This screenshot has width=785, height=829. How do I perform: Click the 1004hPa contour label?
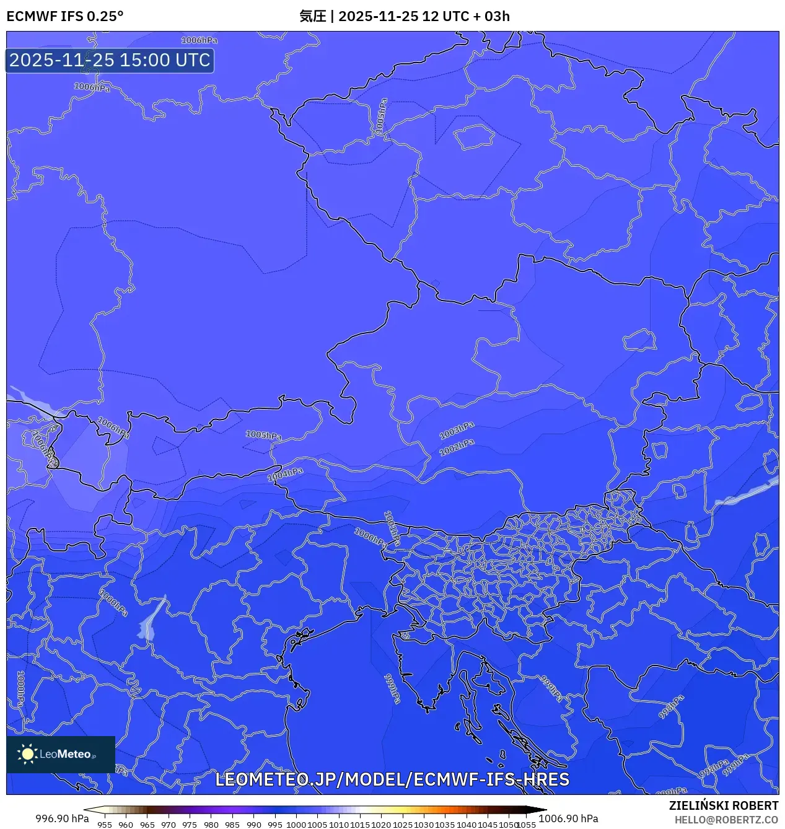pyautogui.click(x=285, y=475)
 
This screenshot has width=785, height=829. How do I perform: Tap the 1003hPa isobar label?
pyautogui.click(x=457, y=430)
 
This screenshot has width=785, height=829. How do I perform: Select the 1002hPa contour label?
pyautogui.click(x=457, y=447)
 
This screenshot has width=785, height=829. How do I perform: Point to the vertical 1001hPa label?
pyautogui.click(x=391, y=528)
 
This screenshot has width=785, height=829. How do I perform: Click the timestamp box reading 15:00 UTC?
pyautogui.click(x=110, y=60)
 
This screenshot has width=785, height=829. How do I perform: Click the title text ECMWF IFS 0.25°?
pyautogui.click(x=65, y=16)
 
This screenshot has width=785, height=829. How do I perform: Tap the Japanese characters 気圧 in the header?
pyautogui.click(x=312, y=16)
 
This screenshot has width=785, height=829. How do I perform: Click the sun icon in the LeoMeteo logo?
pyautogui.click(x=27, y=754)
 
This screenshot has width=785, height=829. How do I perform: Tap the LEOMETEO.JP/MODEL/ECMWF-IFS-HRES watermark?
pyautogui.click(x=392, y=779)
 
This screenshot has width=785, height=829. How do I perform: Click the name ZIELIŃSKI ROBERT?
pyautogui.click(x=724, y=805)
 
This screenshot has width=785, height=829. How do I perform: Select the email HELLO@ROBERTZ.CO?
pyautogui.click(x=726, y=820)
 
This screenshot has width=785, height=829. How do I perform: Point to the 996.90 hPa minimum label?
pyautogui.click(x=62, y=818)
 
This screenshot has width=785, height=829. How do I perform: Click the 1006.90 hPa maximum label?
pyautogui.click(x=568, y=818)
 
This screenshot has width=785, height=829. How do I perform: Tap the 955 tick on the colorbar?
pyautogui.click(x=105, y=825)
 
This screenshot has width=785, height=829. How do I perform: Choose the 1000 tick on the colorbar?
pyautogui.click(x=296, y=825)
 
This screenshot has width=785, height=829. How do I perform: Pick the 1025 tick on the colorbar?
pyautogui.click(x=403, y=825)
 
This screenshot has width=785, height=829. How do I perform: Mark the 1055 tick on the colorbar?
pyautogui.click(x=527, y=825)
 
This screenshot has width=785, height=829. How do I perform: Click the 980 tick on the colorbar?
pyautogui.click(x=211, y=825)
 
